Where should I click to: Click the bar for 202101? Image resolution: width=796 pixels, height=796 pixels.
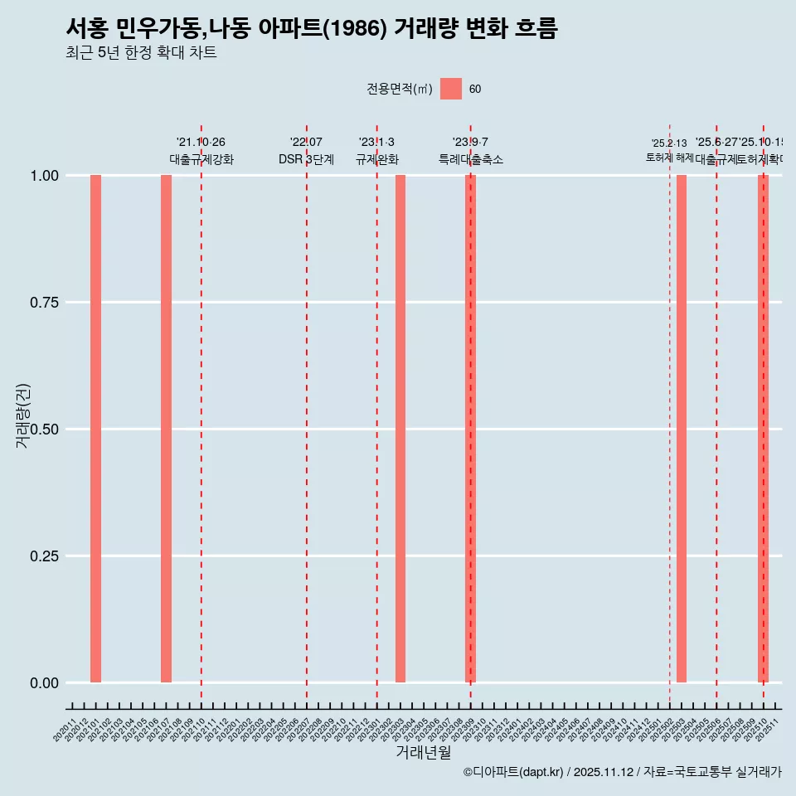(x=95, y=429)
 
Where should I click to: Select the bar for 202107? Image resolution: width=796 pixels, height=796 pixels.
(x=166, y=429)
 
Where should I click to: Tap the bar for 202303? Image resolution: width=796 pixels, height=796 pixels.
(x=400, y=429)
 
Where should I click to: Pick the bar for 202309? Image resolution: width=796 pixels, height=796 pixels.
(x=470, y=429)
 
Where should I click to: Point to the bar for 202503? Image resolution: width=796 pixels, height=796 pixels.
(x=682, y=429)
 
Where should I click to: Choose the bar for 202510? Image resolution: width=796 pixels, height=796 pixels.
(x=763, y=429)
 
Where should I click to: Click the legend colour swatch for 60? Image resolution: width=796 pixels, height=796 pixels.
(x=451, y=89)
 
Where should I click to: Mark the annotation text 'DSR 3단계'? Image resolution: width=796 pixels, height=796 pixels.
(x=306, y=160)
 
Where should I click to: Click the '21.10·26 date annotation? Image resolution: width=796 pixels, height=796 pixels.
(x=201, y=143)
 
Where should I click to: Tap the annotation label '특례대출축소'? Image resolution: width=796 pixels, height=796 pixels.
(x=471, y=160)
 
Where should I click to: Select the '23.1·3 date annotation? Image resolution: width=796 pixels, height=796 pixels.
(x=376, y=143)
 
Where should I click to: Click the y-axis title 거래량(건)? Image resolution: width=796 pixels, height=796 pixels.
(x=23, y=415)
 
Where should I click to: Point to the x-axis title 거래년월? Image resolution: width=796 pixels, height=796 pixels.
(x=423, y=753)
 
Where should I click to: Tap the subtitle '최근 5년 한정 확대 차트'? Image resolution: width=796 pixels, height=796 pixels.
(x=141, y=53)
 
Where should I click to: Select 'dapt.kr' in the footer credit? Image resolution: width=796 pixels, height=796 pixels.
(x=541, y=772)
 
